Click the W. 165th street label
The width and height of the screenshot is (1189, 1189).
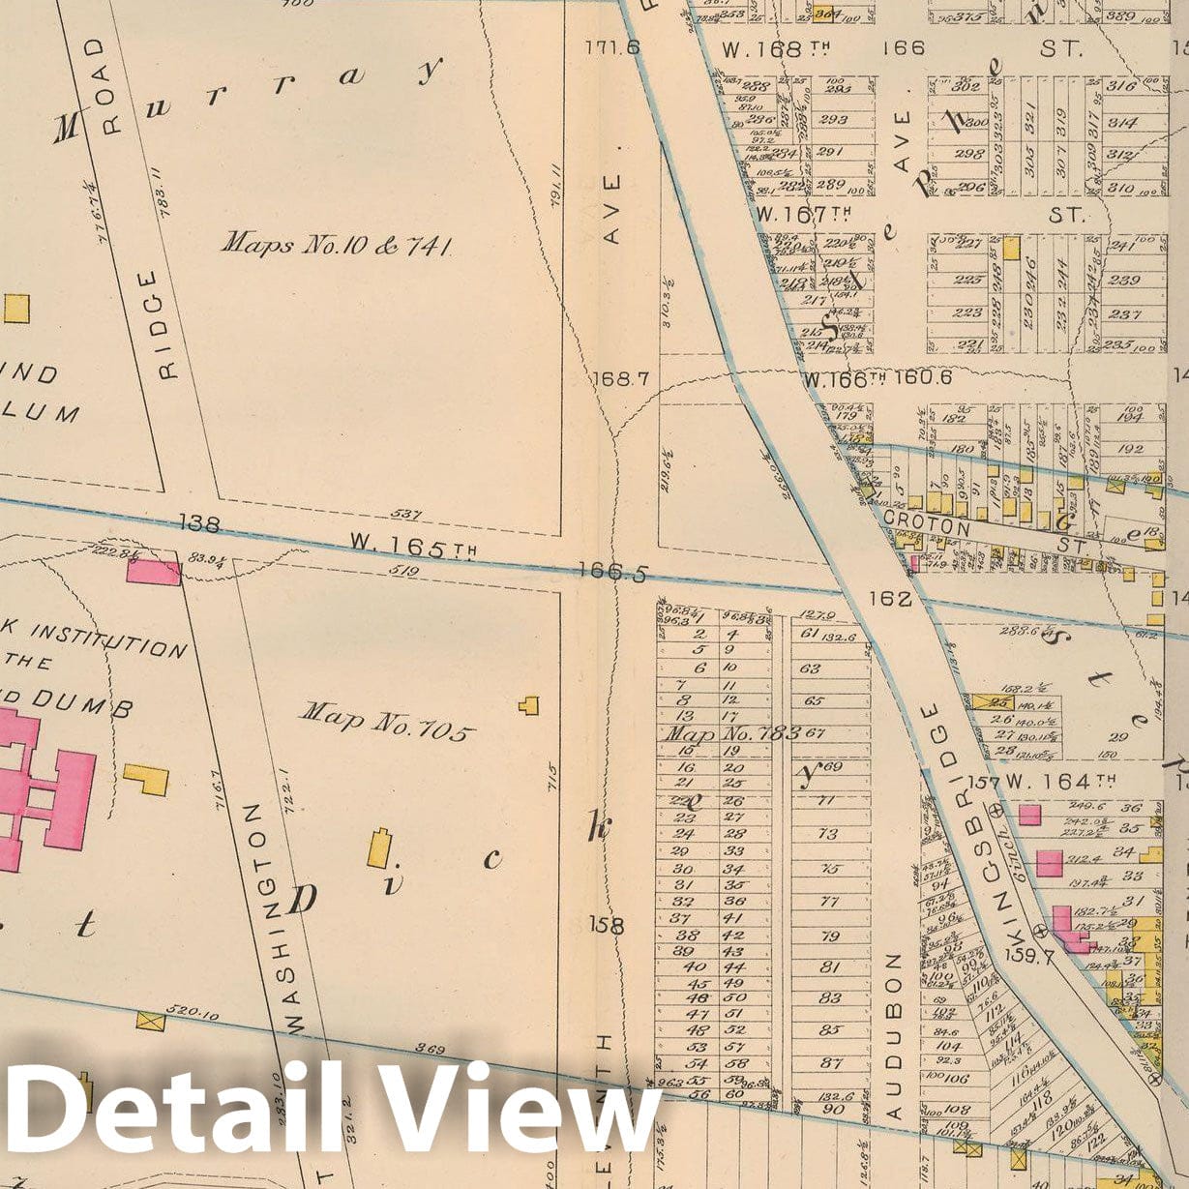(412, 549)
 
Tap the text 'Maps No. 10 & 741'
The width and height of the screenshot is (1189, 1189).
(337, 244)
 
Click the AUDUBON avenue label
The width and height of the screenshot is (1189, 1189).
(894, 1035)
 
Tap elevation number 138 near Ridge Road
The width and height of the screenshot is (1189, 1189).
(199, 524)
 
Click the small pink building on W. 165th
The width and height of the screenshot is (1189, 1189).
(153, 570)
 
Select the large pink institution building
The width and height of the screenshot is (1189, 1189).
(44, 784)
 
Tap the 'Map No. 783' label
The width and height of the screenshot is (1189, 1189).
(732, 733)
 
